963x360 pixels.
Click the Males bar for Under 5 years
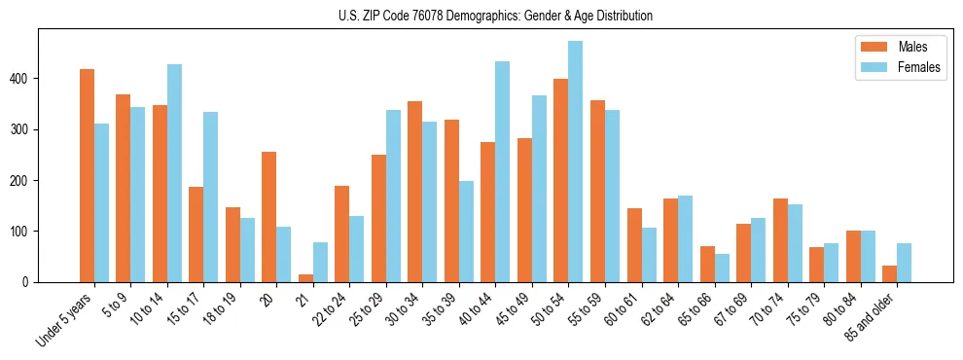87,175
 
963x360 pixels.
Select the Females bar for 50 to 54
576,162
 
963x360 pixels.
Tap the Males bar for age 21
305,278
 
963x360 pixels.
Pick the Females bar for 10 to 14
174,173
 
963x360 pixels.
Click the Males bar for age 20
269,217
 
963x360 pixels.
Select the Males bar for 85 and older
889,273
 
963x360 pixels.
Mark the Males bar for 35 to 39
451,200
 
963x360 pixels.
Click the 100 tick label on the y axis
23,232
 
